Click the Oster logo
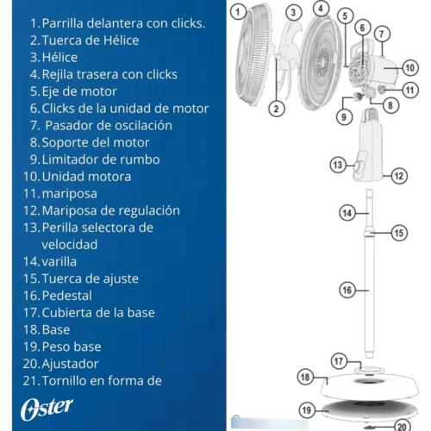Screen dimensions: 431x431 47,409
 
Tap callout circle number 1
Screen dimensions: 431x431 238,12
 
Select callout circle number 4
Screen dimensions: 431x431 321,9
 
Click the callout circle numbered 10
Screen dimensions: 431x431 409,68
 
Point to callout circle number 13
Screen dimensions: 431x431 338,165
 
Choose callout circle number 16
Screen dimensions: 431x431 347,290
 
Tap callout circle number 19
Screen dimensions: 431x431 307,410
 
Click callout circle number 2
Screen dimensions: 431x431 276,109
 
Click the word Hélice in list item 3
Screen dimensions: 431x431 59,58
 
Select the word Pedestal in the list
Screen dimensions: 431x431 67,296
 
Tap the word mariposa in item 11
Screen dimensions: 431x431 70,194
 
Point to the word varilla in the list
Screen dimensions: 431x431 59,262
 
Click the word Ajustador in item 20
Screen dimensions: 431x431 70,365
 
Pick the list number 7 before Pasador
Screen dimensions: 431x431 34,126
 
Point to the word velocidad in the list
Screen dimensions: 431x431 70,245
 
